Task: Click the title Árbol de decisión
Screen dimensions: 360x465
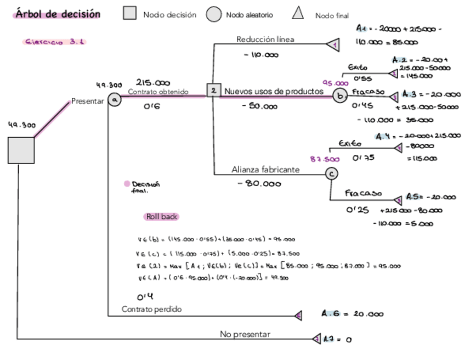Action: pos(58,14)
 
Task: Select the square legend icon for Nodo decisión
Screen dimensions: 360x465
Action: pos(129,14)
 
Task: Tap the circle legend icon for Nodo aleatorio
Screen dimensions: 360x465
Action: pos(213,15)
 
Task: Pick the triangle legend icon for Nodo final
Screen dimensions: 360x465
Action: pos(298,13)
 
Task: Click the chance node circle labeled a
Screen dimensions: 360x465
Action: pos(114,100)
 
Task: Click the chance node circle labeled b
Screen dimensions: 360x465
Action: pos(340,96)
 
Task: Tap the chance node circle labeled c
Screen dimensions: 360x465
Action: pos(331,174)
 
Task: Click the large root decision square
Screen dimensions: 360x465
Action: pos(21,150)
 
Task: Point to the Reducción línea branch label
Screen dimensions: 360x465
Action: pos(265,40)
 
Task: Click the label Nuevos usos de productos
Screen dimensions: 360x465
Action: pos(274,92)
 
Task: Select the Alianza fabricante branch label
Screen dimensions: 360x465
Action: pos(265,170)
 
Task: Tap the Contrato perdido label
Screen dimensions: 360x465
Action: pos(151,310)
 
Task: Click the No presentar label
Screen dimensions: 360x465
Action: pos(245,334)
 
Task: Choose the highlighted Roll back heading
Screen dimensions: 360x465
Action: pos(162,217)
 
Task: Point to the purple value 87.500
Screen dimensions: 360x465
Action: pos(325,159)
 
